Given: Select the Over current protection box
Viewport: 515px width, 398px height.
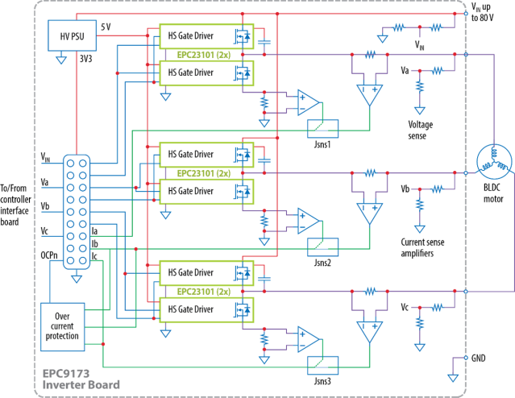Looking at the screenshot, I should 62,326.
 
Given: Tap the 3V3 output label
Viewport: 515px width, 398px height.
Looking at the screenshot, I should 85,58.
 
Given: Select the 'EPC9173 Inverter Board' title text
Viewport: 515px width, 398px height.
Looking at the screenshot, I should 84,379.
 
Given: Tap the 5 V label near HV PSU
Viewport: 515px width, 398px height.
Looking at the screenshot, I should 106,27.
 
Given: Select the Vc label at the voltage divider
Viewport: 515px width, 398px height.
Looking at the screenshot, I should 406,308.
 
